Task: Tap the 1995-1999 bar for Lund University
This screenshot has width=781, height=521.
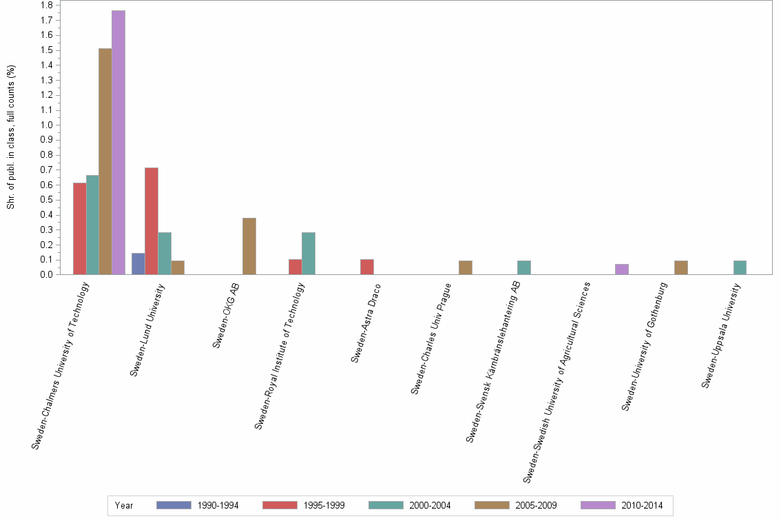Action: pos(152,221)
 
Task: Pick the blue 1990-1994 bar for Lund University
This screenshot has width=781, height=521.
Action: pos(138,264)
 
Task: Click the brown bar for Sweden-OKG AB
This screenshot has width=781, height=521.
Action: pos(249,246)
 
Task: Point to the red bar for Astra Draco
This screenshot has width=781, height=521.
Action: pos(367,267)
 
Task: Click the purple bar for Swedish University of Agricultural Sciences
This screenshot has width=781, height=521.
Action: pos(622,269)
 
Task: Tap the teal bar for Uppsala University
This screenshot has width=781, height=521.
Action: pos(740,267)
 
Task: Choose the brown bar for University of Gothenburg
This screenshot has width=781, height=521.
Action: pos(681,267)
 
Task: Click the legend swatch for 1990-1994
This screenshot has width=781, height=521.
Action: pos(174,505)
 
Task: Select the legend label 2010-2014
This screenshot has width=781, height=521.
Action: pos(642,506)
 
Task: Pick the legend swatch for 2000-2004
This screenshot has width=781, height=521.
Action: pos(386,505)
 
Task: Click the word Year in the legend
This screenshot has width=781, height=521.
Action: pos(125,506)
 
